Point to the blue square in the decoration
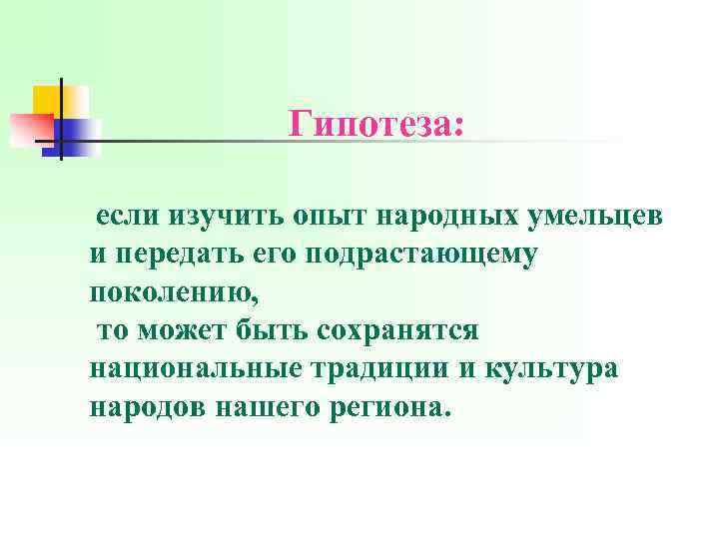coord(80,136)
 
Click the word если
coord(127,217)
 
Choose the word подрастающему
coord(424,255)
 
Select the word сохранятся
coord(400,330)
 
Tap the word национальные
coord(194,368)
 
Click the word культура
coord(558,368)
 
